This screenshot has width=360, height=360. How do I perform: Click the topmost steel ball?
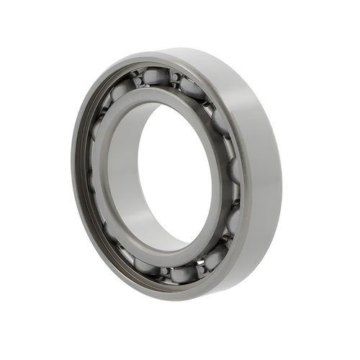tap(156, 76)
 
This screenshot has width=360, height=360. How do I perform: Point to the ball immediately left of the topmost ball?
tap(121, 89)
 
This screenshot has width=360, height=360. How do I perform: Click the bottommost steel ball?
tap(183, 274)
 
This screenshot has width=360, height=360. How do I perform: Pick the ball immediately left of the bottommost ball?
tap(146, 265)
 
